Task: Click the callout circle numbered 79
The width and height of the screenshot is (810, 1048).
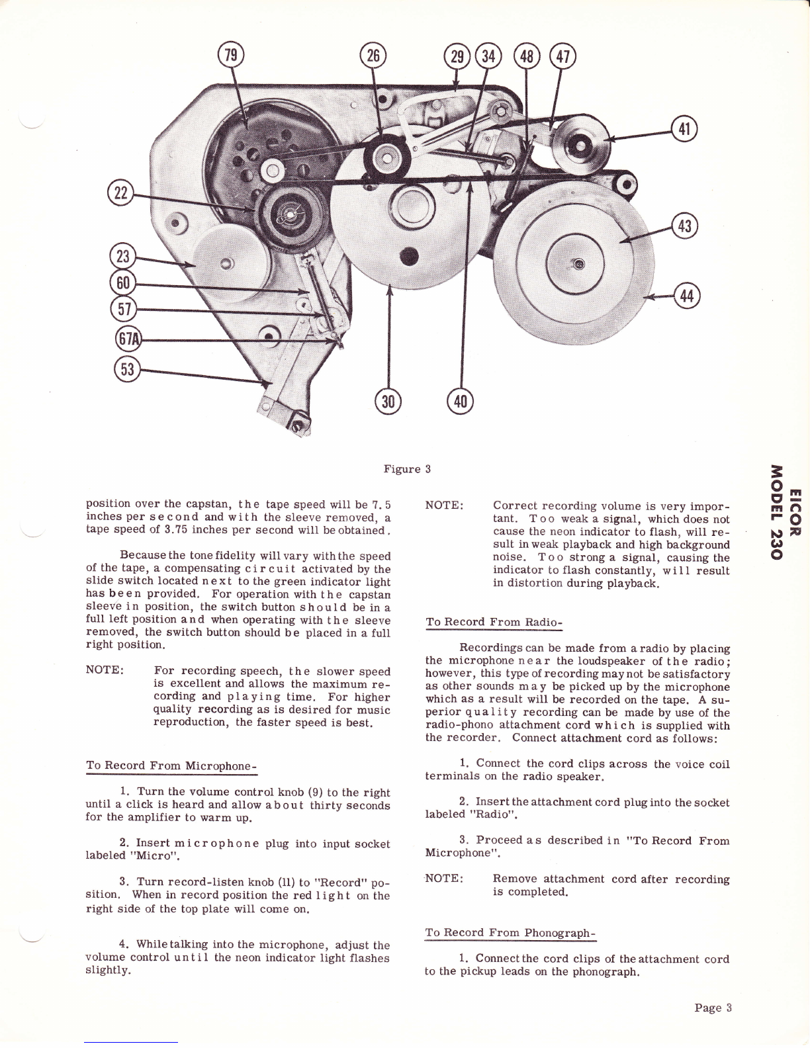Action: point(231,56)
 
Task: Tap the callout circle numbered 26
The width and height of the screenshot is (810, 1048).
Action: point(373,56)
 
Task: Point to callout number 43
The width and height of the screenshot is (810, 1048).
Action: point(684,226)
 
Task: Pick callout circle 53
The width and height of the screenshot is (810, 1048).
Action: point(127,369)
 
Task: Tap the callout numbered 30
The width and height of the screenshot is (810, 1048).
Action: point(388,401)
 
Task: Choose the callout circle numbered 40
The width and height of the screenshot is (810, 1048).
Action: point(461,401)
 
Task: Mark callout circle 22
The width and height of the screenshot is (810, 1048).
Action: point(120,193)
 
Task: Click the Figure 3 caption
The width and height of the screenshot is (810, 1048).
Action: point(407,469)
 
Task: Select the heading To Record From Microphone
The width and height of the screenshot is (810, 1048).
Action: point(171,765)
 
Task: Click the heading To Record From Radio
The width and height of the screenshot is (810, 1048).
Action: point(494,622)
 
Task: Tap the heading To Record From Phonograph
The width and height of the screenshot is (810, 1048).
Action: point(511,932)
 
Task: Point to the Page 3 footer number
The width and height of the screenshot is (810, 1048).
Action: point(713,1008)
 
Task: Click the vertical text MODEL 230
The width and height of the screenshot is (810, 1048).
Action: point(776,511)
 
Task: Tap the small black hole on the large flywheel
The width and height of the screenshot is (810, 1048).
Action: point(409,256)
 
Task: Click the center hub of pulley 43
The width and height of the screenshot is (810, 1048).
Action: point(579,263)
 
